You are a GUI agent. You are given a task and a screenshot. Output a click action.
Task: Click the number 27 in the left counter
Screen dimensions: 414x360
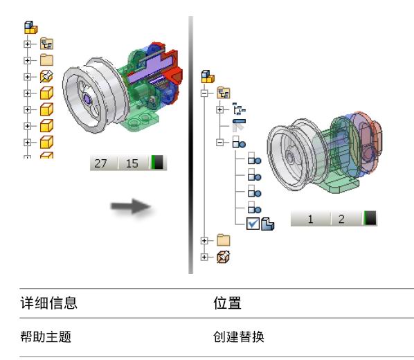(100, 163)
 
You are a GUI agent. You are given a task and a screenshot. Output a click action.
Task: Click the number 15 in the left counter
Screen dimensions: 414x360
(132, 163)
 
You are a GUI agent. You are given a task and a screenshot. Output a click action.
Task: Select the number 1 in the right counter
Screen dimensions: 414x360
(310, 219)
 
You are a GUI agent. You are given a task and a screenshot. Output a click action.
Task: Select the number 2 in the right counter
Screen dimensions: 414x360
(341, 219)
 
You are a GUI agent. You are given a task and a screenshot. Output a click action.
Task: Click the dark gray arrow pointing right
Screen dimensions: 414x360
(131, 206)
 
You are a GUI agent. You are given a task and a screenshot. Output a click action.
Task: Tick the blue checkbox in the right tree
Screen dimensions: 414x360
(253, 224)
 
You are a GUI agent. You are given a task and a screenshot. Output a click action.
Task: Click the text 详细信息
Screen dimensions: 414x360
(49, 303)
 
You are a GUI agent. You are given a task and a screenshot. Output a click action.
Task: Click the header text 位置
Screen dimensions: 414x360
(227, 303)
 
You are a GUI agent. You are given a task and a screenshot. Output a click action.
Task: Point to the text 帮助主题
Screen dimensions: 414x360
(46, 336)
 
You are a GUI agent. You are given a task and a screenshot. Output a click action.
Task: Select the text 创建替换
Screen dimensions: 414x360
(239, 336)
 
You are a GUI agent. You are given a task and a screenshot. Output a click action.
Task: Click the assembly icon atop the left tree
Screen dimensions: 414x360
(31, 28)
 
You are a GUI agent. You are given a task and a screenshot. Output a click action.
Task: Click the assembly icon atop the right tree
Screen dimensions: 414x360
(208, 77)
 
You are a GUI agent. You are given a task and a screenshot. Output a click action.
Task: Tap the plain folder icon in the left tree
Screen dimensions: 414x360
(47, 60)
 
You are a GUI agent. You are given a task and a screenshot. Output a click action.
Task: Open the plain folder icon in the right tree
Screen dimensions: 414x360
(224, 240)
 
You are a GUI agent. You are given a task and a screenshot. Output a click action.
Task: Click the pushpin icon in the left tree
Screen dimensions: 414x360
(46, 77)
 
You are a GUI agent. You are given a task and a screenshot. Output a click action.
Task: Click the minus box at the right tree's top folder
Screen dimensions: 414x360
(204, 93)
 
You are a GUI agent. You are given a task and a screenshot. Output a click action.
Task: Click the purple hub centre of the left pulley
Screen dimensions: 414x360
(87, 99)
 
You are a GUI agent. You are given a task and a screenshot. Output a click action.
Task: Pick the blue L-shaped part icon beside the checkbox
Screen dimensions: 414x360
(267, 224)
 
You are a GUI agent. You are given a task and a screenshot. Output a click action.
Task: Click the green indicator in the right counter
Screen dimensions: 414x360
(366, 218)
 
